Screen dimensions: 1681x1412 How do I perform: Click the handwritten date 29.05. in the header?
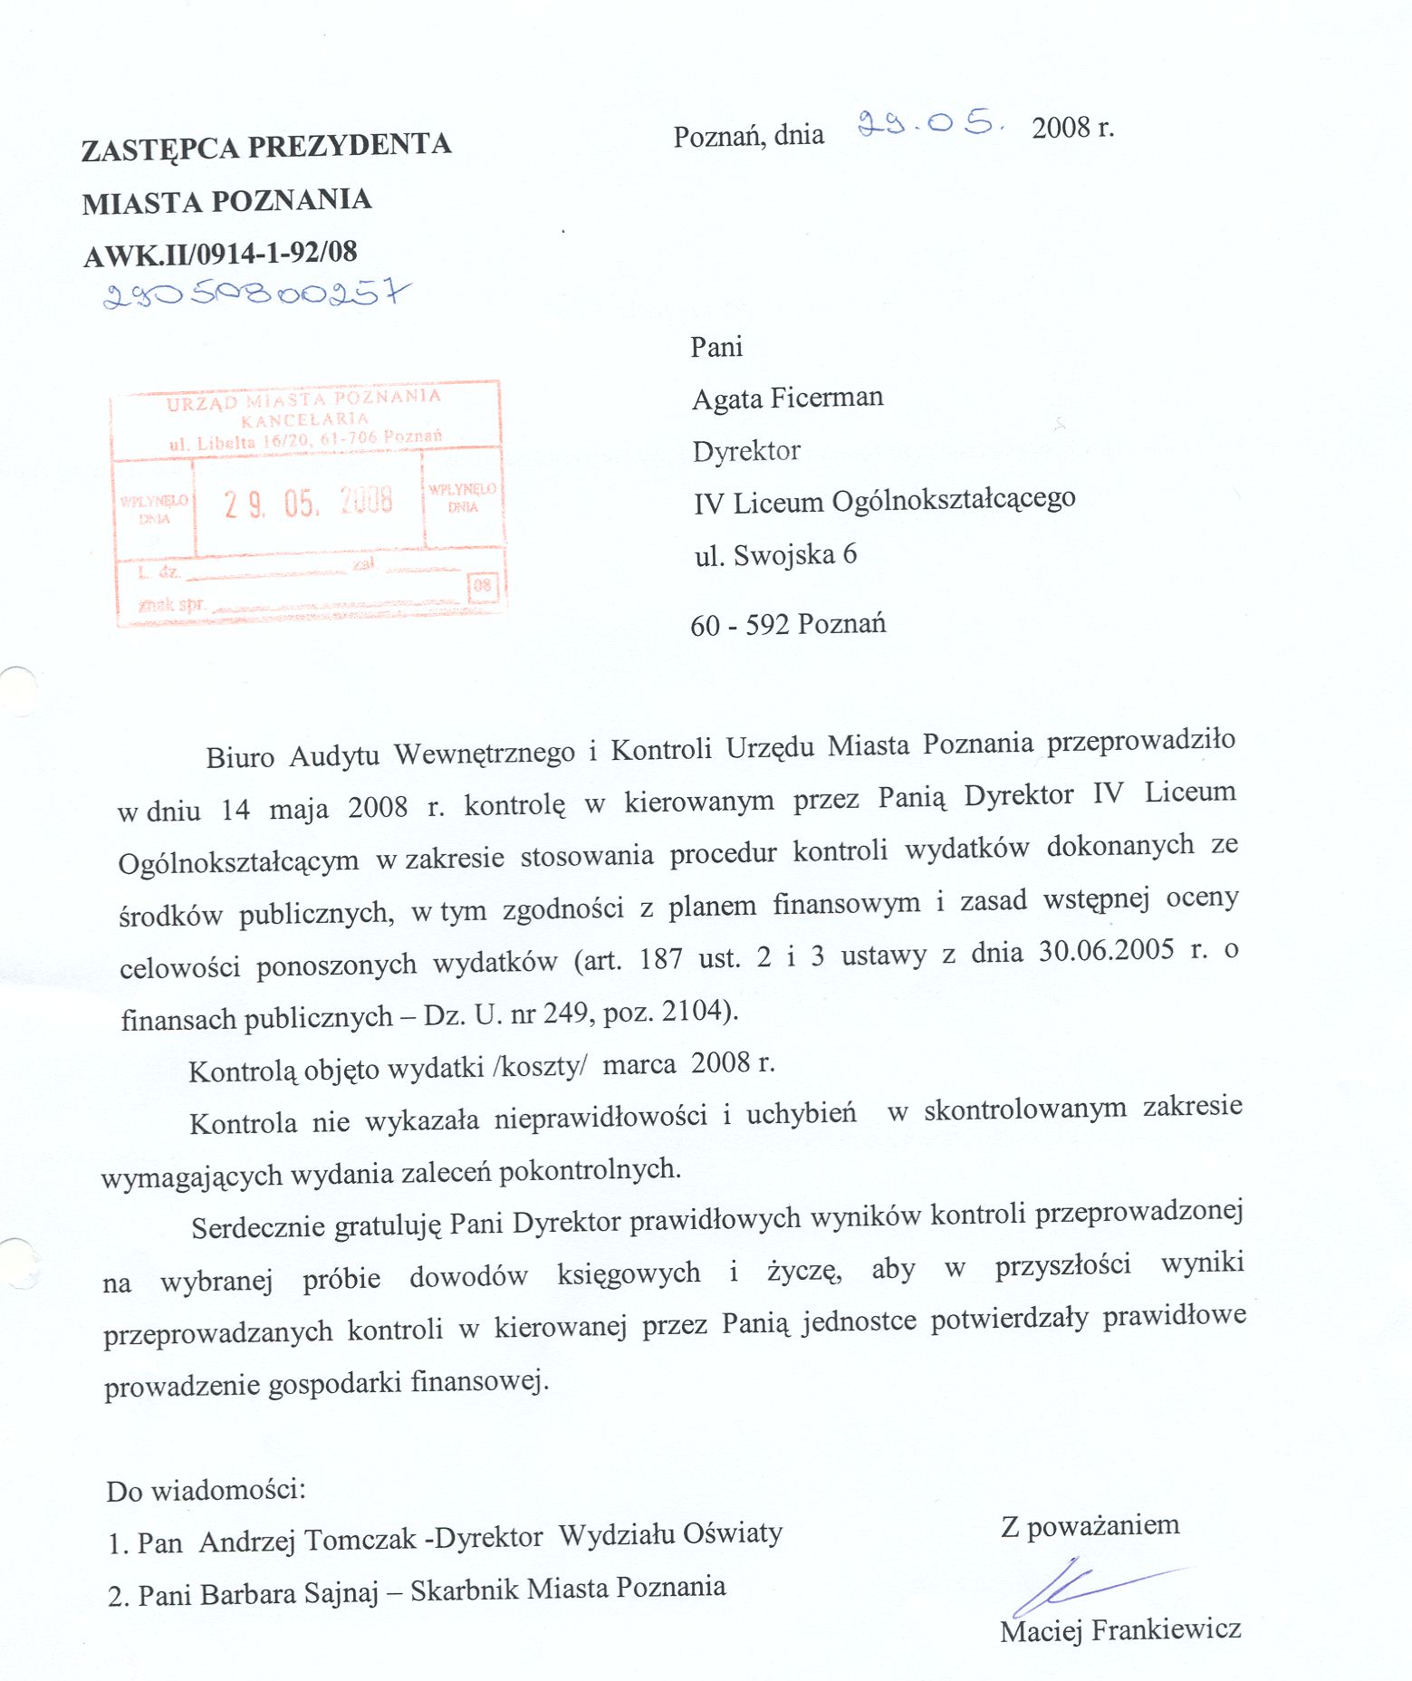[930, 124]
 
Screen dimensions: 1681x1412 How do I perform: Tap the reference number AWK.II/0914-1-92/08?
[220, 254]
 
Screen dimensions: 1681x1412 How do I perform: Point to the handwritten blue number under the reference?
[256, 293]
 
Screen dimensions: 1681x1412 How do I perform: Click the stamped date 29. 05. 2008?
[309, 502]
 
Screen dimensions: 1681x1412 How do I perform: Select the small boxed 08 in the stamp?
[482, 586]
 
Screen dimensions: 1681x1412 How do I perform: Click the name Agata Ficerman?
[787, 398]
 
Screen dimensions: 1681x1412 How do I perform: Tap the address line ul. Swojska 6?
[775, 554]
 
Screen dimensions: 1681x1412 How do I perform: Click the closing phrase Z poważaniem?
[1090, 1526]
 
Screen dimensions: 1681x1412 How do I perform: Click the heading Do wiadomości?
[206, 1491]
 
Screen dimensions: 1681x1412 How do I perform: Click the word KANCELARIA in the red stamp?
[305, 419]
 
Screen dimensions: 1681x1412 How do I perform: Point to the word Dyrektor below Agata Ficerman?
[746, 451]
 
